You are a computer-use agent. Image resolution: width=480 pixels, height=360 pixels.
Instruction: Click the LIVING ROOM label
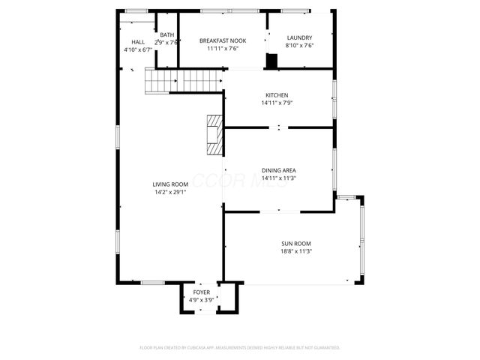coord(169,184)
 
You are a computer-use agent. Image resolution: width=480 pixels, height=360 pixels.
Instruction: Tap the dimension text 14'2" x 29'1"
coord(169,192)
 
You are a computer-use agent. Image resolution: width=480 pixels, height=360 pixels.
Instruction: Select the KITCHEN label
coord(276,95)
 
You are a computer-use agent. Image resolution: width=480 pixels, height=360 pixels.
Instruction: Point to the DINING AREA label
coord(278,170)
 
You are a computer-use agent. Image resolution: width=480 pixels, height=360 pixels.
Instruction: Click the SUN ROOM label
coord(296,244)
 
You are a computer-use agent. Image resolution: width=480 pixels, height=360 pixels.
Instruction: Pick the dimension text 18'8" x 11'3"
coord(296,251)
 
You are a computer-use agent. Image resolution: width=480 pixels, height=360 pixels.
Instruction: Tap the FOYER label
coord(202,292)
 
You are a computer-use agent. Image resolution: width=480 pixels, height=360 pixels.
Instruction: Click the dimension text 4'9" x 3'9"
coord(202,299)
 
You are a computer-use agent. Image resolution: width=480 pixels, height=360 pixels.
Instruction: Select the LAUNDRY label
coord(299,37)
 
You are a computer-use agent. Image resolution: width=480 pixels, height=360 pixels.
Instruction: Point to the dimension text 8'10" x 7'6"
coord(299,45)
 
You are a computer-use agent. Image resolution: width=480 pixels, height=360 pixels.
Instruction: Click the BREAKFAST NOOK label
coord(223,41)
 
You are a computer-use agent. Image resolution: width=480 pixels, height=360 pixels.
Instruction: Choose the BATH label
coord(166,35)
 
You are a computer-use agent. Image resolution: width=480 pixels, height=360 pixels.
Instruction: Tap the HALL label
coord(138,42)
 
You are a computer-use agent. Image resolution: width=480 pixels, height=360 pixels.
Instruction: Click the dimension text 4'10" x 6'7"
coord(138,49)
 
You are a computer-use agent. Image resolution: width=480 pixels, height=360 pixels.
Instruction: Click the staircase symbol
coord(184,79)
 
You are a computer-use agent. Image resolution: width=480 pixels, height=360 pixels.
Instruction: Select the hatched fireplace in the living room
coord(215,135)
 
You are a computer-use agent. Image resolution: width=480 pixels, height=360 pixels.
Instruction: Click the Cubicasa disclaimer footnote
coord(240,348)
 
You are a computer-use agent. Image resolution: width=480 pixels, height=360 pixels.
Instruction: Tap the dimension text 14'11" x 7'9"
coord(276,103)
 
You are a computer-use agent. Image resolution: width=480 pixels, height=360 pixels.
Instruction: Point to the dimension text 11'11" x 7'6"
coord(223,49)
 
